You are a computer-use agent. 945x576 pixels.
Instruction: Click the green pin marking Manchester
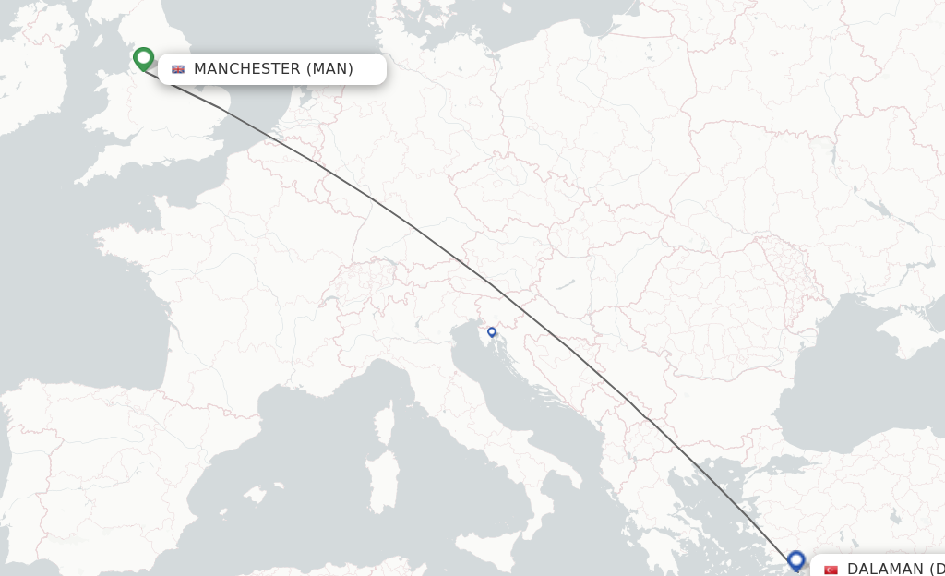(x=143, y=58)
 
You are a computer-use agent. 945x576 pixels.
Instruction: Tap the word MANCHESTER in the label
(x=246, y=69)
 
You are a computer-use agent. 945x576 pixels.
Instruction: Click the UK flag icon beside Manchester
(x=178, y=69)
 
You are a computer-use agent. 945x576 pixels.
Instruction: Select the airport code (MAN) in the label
(x=329, y=69)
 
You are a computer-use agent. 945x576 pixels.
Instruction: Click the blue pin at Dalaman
(x=796, y=559)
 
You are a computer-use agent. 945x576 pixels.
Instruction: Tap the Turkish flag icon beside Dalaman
(x=831, y=570)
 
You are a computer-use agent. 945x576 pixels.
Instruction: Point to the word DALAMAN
(x=884, y=569)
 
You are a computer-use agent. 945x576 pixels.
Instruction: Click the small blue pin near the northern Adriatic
(x=492, y=332)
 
